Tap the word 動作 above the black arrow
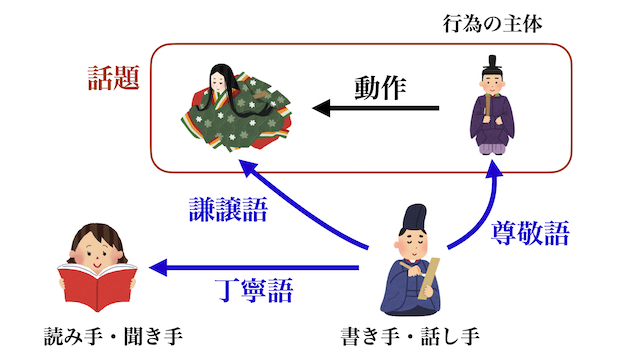tap(379, 87)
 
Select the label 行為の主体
tap(492, 23)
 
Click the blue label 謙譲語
tap(229, 210)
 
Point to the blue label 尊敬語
tap(530, 235)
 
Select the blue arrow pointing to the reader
tap(250, 268)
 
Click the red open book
tap(95, 286)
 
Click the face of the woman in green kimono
tap(222, 79)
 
